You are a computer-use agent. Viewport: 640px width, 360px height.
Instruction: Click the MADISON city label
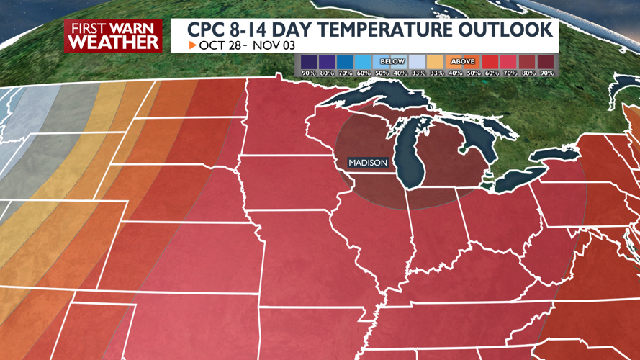[x=368, y=163]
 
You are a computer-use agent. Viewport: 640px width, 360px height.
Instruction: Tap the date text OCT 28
[x=219, y=45]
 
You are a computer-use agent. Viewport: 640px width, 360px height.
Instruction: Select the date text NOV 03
[x=268, y=45]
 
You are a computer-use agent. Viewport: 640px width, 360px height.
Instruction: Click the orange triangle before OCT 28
[x=192, y=45]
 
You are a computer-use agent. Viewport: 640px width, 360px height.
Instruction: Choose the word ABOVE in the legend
[x=462, y=62]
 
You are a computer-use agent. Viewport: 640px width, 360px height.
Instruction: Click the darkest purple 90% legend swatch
[x=309, y=62]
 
